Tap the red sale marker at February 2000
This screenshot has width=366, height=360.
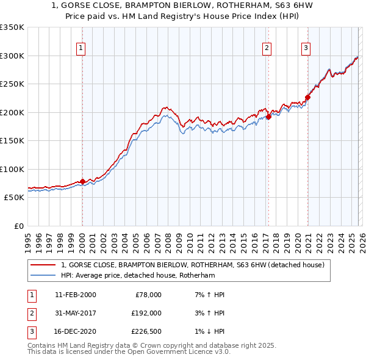click(x=82, y=181)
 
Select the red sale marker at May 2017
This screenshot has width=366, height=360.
click(x=268, y=117)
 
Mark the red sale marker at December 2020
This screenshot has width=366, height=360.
click(x=307, y=98)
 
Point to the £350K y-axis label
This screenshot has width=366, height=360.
click(x=12, y=27)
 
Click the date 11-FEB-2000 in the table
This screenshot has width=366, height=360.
click(x=75, y=295)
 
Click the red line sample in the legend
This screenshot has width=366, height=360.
click(x=43, y=265)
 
